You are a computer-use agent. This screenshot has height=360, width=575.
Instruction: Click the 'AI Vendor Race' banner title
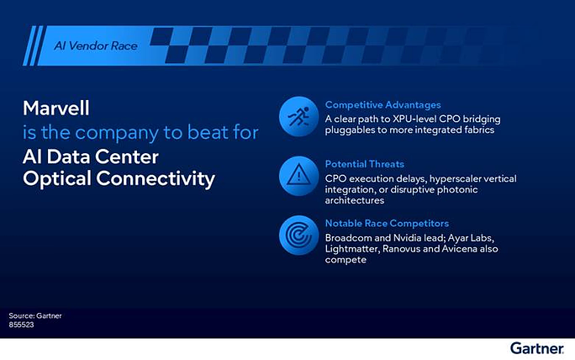[x=96, y=46]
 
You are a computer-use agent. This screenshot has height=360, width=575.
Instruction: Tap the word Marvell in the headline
[x=56, y=109]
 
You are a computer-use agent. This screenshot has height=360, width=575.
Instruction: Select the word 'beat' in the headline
[x=208, y=132]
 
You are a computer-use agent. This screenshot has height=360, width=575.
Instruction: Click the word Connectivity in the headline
[x=156, y=178]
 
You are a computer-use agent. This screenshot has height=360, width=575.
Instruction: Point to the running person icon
[x=298, y=117]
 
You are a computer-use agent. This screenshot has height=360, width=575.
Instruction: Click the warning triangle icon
[x=298, y=176]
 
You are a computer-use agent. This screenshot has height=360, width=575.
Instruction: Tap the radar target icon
[x=298, y=236]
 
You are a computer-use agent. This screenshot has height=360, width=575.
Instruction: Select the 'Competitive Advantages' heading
[x=382, y=105]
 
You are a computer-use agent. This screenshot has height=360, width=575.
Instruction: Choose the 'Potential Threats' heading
[x=365, y=164]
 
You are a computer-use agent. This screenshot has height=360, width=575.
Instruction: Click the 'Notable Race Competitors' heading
[x=387, y=223]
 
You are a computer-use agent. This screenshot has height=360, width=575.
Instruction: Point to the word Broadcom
[x=343, y=238]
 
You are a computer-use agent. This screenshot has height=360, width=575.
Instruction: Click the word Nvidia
[x=407, y=238]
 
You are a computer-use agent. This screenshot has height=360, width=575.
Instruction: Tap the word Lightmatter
[x=352, y=249]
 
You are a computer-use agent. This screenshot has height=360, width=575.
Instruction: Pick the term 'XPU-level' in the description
[x=414, y=119]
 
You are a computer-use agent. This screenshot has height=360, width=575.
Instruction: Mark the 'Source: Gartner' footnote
[x=35, y=315]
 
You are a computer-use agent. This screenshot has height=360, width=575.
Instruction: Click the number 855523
[x=21, y=325]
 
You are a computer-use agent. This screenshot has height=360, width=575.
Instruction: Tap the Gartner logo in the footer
[x=537, y=348]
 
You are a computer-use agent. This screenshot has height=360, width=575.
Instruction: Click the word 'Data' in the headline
[x=69, y=156]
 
